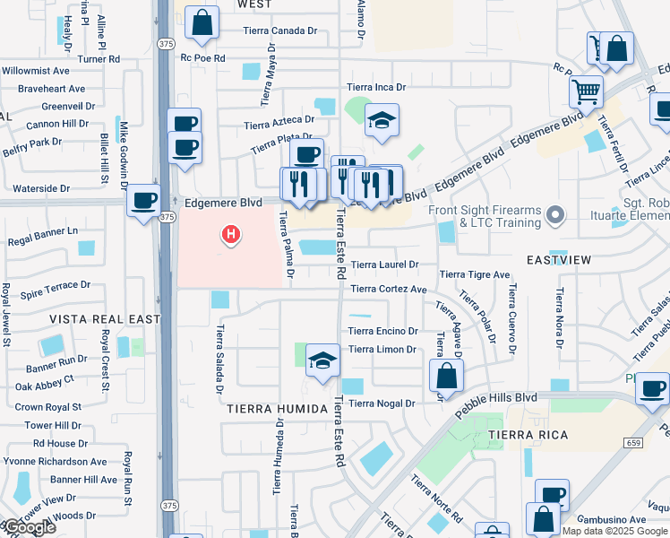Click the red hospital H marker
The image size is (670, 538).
(231, 236)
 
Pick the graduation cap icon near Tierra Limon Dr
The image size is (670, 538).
(322, 361)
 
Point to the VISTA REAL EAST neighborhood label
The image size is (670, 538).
(105, 319)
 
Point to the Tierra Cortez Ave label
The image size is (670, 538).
(388, 289)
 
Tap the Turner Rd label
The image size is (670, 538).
(99, 59)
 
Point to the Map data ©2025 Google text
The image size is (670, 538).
(614, 531)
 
